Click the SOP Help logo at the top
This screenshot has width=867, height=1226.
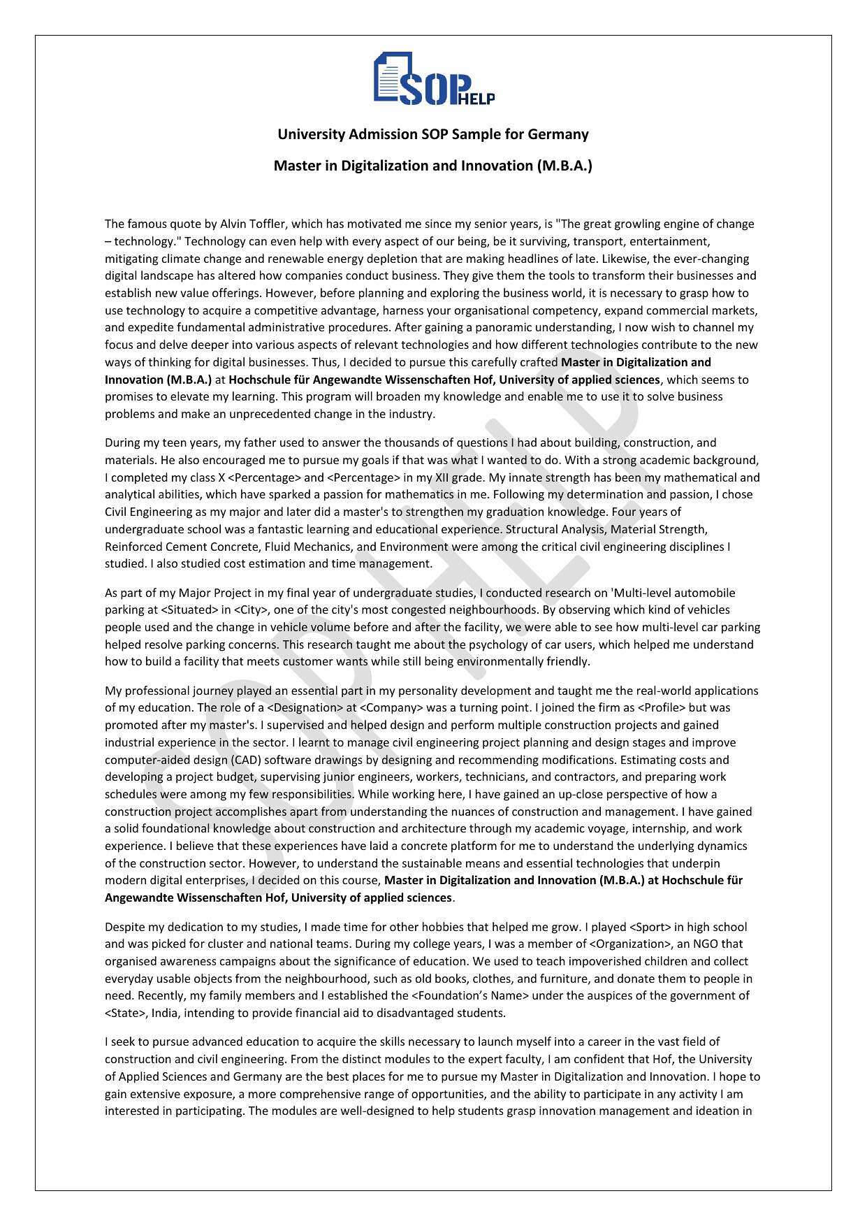click(433, 79)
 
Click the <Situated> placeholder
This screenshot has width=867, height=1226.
click(189, 610)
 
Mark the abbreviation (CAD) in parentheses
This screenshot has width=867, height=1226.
click(246, 760)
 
